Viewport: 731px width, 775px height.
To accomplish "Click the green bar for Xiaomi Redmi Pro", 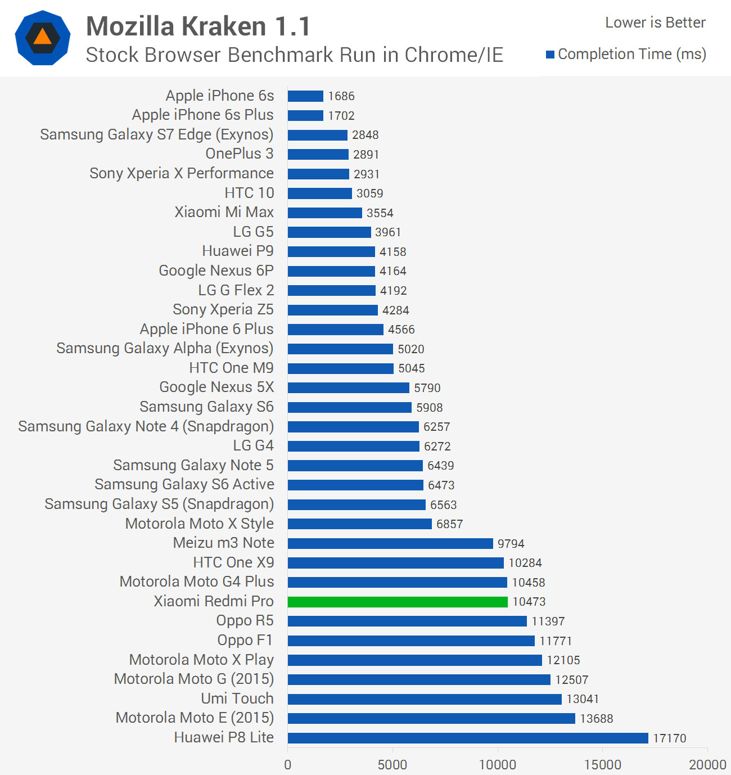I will pyautogui.click(x=398, y=602).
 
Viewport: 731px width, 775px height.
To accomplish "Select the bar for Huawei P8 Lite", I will pyautogui.click(x=468, y=738).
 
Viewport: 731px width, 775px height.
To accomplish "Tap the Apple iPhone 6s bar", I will pyautogui.click(x=305, y=96).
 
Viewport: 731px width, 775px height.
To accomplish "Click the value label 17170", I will pyautogui.click(x=669, y=738).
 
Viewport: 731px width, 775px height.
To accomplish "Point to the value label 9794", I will pyautogui.click(x=511, y=544).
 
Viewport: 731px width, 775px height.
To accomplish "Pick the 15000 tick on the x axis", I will pyautogui.click(x=602, y=764).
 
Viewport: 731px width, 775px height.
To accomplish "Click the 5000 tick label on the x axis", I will pyautogui.click(x=392, y=764).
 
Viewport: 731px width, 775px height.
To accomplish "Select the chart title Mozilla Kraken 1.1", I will pyautogui.click(x=198, y=26).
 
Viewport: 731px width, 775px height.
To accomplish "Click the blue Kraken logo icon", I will pyautogui.click(x=43, y=38).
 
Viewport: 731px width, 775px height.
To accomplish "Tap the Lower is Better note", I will pyautogui.click(x=655, y=22).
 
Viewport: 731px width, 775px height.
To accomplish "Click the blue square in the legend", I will pyautogui.click(x=550, y=55).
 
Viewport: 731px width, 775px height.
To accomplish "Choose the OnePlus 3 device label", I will pyautogui.click(x=240, y=154).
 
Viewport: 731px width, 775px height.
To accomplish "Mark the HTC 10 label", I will pyautogui.click(x=249, y=193).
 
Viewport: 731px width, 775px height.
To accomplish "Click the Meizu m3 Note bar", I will pyautogui.click(x=390, y=543).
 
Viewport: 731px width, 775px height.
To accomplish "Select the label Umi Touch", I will pyautogui.click(x=237, y=699).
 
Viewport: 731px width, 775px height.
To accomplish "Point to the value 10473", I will pyautogui.click(x=529, y=602).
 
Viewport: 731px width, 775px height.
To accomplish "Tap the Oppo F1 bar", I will pyautogui.click(x=411, y=641).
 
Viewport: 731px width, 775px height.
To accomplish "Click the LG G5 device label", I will pyautogui.click(x=253, y=232).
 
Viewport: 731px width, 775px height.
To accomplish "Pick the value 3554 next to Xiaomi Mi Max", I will pyautogui.click(x=380, y=213).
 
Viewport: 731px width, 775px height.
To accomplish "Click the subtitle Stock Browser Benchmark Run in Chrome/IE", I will pyautogui.click(x=294, y=55).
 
